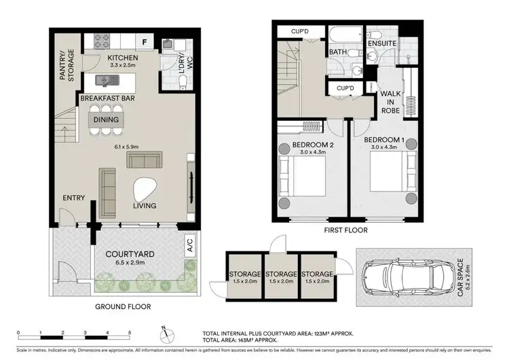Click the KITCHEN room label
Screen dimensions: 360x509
click(122, 58)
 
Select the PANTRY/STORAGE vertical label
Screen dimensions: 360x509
click(66, 66)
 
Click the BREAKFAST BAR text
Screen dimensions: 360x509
click(107, 98)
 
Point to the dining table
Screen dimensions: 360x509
click(107, 120)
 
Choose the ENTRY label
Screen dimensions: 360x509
click(73, 198)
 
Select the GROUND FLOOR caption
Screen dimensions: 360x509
click(122, 306)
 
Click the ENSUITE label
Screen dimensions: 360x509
click(382, 43)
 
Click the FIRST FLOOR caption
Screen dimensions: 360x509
click(345, 230)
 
